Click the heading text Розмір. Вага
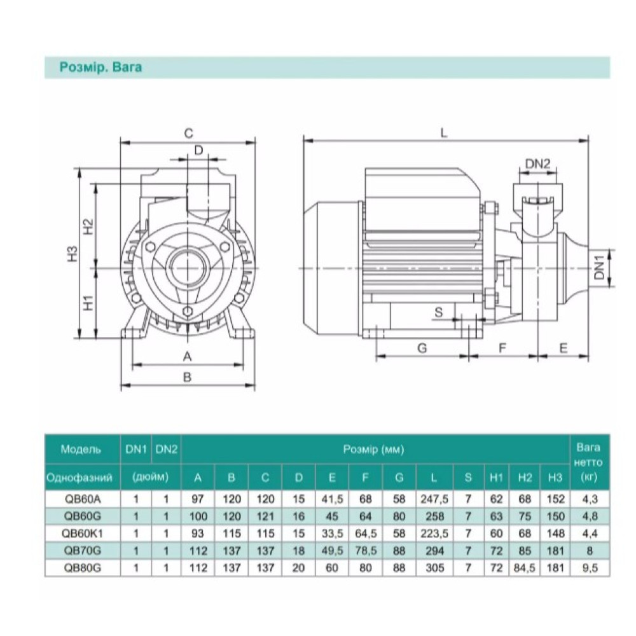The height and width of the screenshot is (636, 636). [100, 67]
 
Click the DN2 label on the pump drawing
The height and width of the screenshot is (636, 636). [538, 164]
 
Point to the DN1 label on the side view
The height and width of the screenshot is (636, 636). [600, 267]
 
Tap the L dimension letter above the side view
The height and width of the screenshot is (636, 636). [444, 133]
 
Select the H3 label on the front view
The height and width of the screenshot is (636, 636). [73, 254]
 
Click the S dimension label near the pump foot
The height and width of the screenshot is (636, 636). [438, 312]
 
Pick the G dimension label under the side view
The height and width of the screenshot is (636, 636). [422, 348]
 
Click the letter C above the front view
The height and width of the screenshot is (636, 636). [189, 134]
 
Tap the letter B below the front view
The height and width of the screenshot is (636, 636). [187, 377]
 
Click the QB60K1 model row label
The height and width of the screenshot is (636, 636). [82, 534]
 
